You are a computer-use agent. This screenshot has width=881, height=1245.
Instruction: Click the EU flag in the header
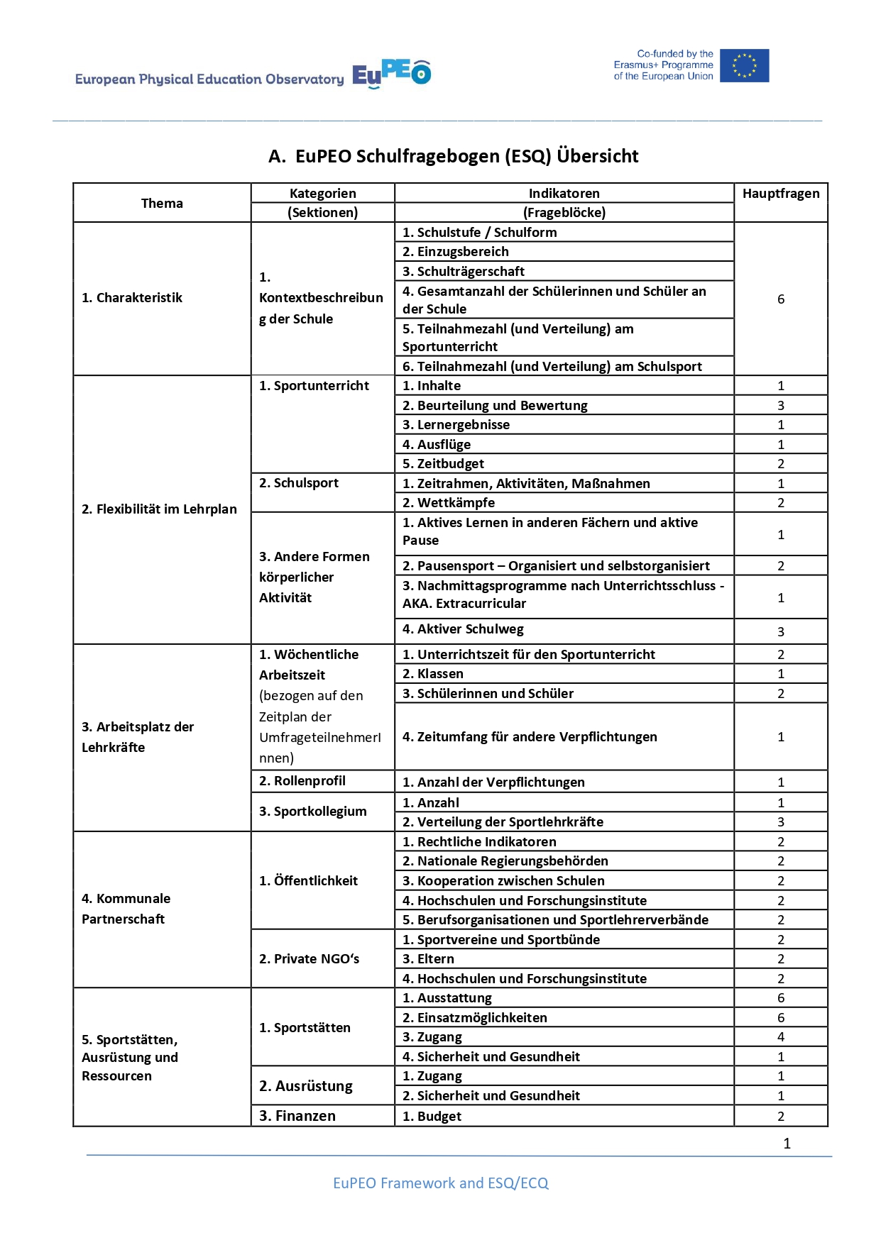coord(744,65)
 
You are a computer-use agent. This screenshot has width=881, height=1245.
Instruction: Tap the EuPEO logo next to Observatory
coord(391,74)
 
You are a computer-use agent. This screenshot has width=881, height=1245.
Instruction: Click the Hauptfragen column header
coord(780,194)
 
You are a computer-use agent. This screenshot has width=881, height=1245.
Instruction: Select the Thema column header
coord(162,203)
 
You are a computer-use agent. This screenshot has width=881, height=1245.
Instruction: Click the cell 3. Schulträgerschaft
coord(463,271)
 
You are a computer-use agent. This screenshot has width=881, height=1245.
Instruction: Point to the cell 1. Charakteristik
coord(132,298)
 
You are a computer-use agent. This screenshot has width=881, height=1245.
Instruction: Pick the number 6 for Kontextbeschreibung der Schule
coord(780,299)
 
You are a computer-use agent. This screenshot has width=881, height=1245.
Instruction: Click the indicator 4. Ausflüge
coord(436,444)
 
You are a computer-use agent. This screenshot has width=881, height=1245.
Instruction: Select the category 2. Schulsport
coord(298,483)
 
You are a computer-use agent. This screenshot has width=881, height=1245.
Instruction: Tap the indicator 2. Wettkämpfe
coord(448,502)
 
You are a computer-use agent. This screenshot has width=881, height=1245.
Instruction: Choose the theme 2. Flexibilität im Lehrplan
coord(159,509)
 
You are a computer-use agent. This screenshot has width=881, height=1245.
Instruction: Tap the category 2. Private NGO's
coord(309,958)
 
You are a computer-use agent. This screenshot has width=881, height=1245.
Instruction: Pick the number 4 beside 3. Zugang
coord(780,1036)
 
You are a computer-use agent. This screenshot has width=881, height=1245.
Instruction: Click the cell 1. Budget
coord(432,1116)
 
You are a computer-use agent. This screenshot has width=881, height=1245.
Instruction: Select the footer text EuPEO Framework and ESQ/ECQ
coord(440,1183)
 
